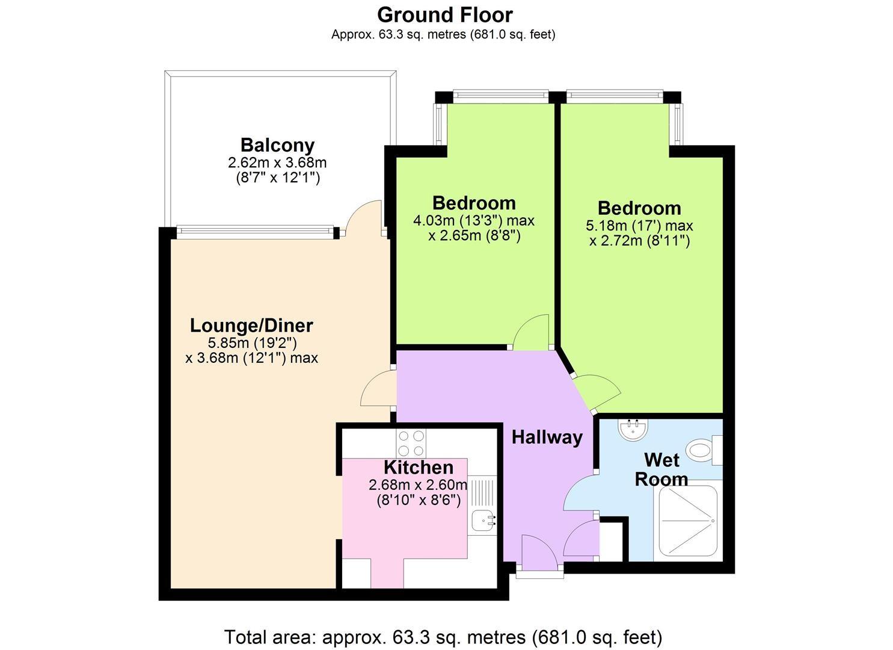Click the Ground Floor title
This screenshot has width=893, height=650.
click(x=445, y=15)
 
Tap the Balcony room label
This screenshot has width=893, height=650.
click(x=277, y=145)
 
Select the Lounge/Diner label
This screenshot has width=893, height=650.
click(x=251, y=326)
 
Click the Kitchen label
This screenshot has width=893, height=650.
click(x=419, y=467)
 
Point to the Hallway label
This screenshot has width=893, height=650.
click(x=547, y=438)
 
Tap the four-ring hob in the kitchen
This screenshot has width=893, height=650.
click(x=411, y=444)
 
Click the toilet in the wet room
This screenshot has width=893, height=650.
click(x=706, y=451)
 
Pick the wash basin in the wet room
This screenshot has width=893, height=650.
click(x=633, y=430)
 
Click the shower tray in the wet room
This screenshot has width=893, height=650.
click(x=688, y=521)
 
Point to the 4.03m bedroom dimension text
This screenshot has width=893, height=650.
click(x=474, y=228)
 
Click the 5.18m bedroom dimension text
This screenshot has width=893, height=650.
click(x=639, y=234)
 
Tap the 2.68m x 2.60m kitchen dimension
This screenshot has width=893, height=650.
click(x=418, y=492)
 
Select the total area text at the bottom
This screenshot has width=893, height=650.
click(x=443, y=637)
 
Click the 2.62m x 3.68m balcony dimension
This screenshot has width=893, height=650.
click(x=277, y=170)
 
